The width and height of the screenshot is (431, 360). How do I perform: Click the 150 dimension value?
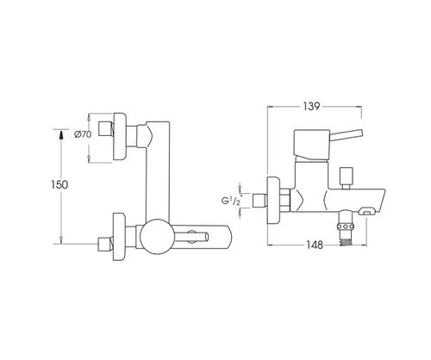pyautogui.click(x=59, y=184)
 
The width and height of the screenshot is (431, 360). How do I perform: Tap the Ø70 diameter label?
pyautogui.click(x=83, y=134)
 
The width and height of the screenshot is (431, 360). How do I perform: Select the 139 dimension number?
pyautogui.click(x=311, y=106)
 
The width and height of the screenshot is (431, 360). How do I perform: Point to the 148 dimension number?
pyautogui.click(x=315, y=245)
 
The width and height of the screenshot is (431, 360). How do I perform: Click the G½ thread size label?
pyautogui.click(x=231, y=201)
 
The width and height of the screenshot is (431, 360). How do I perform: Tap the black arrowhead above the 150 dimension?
pyautogui.click(x=61, y=135)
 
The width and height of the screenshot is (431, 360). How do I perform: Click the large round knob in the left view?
pyautogui.click(x=156, y=236)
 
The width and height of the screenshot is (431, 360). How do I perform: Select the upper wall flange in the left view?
pyautogui.click(x=120, y=136)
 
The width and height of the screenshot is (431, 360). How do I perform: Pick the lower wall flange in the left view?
pyautogui.click(x=119, y=237)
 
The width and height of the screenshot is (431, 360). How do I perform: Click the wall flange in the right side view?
pyautogui.click(x=273, y=200)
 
